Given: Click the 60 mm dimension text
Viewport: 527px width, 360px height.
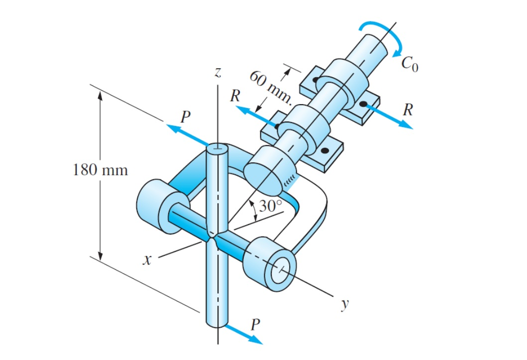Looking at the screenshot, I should click(270, 87).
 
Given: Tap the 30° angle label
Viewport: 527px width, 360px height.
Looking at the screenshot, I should click(272, 206).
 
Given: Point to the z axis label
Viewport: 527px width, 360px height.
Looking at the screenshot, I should click(217, 73).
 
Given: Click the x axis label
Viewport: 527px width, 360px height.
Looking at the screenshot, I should click(146, 261).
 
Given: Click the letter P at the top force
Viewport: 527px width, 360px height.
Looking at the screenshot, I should click(185, 117).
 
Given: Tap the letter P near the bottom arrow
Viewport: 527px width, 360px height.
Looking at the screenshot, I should click(255, 325).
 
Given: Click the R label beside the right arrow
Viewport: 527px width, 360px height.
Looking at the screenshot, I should click(408, 110).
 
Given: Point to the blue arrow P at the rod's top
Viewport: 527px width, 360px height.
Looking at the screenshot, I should click(187, 134).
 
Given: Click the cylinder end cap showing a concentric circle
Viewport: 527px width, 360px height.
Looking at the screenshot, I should click(281, 269).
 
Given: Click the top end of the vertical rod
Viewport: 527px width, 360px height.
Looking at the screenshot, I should click(217, 148).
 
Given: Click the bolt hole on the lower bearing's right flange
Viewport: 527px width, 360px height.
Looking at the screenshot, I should click(325, 150).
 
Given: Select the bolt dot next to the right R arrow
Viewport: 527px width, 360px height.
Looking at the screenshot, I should click(364, 104).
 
